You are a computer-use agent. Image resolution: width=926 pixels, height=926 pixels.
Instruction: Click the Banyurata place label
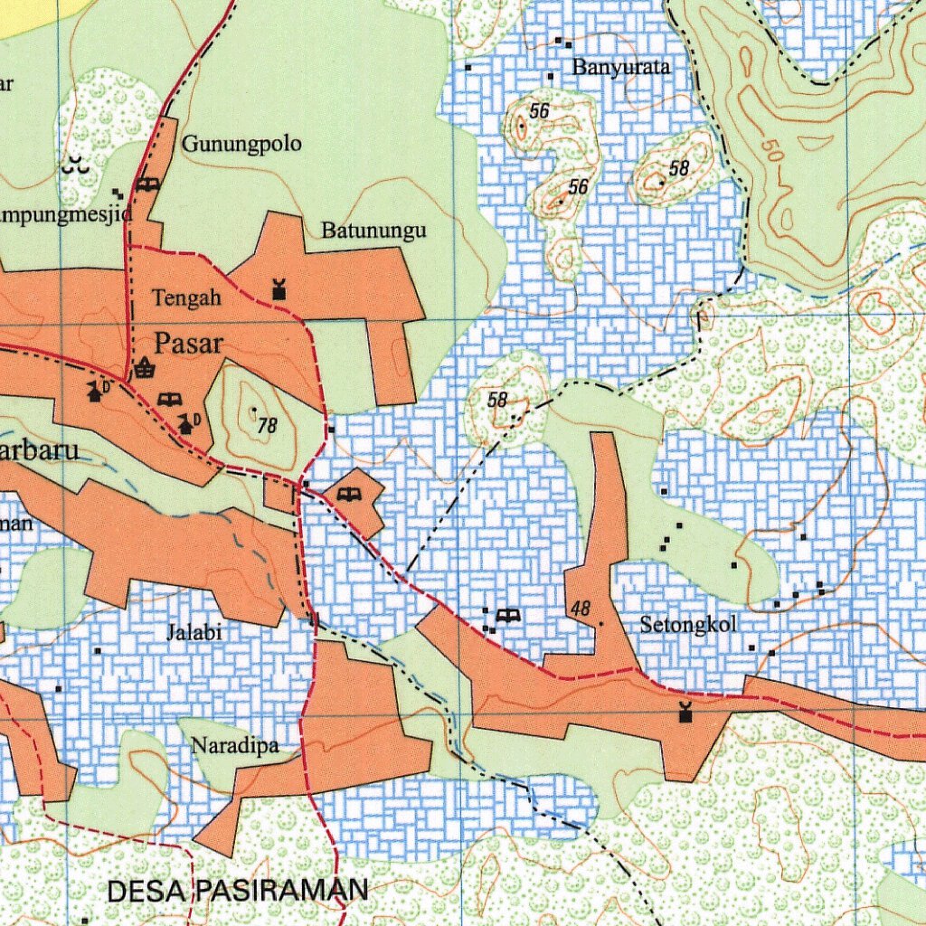tap(621, 67)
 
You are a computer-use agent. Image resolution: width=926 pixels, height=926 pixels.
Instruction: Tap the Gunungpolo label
tap(242, 144)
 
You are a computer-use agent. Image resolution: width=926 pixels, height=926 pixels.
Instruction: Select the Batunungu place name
tap(373, 231)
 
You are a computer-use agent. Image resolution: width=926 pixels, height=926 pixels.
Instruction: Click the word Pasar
tap(188, 343)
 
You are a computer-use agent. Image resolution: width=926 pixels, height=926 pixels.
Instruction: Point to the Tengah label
tap(186, 298)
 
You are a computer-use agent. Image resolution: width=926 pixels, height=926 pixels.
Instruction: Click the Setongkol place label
tap(688, 624)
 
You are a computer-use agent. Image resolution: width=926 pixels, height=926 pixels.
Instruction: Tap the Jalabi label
tap(194, 632)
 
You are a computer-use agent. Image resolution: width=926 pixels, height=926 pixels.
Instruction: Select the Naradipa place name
tap(232, 746)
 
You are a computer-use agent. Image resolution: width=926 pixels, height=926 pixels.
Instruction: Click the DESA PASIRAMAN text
tap(238, 891)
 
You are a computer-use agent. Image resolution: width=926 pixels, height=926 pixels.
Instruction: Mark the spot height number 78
tap(267, 425)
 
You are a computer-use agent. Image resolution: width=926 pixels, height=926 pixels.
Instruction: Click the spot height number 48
tap(580, 609)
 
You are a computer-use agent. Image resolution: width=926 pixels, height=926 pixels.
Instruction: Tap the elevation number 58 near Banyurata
tap(679, 168)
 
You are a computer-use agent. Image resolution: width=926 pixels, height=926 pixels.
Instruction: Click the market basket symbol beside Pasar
tap(144, 367)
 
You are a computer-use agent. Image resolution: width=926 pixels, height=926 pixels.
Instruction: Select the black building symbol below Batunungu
tap(279, 289)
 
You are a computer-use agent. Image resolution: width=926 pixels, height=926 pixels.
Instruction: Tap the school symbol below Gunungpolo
tap(148, 184)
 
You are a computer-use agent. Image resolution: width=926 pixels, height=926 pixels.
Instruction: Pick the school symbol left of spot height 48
tap(509, 616)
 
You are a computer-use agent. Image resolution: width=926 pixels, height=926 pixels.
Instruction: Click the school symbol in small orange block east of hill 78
tap(349, 494)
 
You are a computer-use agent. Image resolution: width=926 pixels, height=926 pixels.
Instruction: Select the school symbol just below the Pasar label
tap(168, 399)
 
